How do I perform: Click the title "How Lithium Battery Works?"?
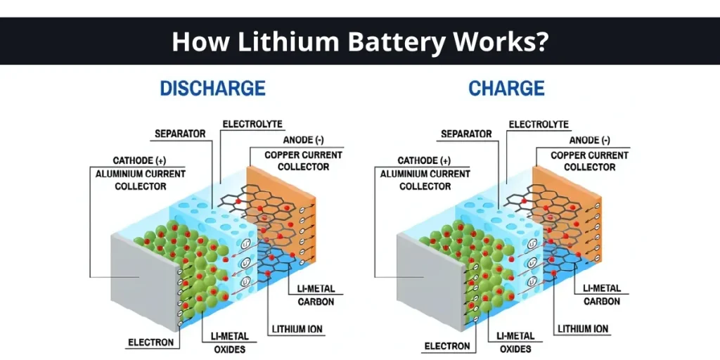359,41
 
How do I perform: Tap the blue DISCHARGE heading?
212,89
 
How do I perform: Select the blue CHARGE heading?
506,89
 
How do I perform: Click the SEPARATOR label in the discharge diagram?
179,134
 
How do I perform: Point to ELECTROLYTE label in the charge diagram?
539,124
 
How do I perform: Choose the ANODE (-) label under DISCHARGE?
304,141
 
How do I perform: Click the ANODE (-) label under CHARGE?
589,141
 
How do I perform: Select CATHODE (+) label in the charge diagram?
425,161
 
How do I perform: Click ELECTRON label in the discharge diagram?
150,343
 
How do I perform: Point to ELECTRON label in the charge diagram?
446,346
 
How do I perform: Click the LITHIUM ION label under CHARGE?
583,328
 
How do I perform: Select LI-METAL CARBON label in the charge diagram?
602,295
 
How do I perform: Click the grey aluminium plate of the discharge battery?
141,281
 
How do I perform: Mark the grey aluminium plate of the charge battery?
425,281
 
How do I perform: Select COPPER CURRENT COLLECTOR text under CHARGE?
589,161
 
